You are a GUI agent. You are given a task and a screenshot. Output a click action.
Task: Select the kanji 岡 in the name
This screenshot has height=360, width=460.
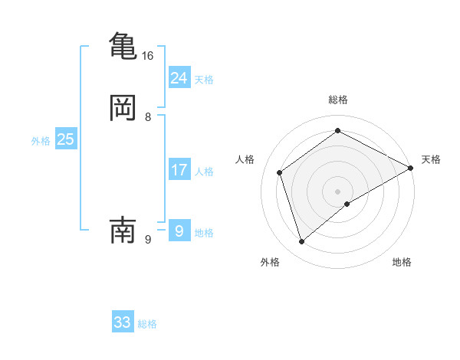pyautogui.click(x=123, y=108)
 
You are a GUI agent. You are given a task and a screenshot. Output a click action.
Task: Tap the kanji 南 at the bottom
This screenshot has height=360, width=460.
pyautogui.click(x=123, y=229)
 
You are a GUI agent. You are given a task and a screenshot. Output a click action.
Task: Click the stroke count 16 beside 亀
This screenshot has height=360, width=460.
pyautogui.click(x=148, y=56)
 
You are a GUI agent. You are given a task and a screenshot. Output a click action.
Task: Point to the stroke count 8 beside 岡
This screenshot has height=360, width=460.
pyautogui.click(x=148, y=117)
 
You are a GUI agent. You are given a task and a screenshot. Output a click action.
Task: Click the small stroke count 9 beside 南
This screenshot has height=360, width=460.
pyautogui.click(x=148, y=239)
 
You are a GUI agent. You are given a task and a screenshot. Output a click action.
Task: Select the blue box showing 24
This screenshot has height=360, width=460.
pyautogui.click(x=179, y=77)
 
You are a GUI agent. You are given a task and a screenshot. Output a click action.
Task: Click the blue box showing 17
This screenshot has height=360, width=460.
pyautogui.click(x=179, y=170)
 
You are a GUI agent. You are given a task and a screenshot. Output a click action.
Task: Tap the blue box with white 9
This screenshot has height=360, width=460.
pyautogui.click(x=179, y=231)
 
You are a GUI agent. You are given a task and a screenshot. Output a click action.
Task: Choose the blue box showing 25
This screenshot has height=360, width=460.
pyautogui.click(x=65, y=139)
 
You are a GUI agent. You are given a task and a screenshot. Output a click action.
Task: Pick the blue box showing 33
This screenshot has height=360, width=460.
pyautogui.click(x=123, y=322)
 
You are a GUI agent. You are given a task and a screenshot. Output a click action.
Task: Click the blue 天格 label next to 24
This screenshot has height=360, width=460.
pyautogui.click(x=204, y=80)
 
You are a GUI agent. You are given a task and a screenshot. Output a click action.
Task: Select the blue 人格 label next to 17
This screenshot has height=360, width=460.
pyautogui.click(x=204, y=172)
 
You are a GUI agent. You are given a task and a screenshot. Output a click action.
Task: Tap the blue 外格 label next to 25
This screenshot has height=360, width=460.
pyautogui.click(x=41, y=141)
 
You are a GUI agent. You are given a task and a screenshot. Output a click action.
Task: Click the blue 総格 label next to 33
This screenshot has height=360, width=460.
pyautogui.click(x=147, y=324)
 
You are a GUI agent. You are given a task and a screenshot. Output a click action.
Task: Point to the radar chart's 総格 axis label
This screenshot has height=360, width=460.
pyautogui.click(x=338, y=100)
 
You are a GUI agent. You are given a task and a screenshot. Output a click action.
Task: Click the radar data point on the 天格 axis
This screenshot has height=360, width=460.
pyautogui.click(x=411, y=168)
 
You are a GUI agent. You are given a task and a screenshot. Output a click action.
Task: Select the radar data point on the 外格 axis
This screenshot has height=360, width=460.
pyautogui.click(x=301, y=242)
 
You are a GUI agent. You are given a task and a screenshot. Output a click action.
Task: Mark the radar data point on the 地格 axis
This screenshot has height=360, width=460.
pyautogui.click(x=347, y=204)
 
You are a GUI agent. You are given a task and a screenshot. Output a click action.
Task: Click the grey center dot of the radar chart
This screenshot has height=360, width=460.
pyautogui.click(x=338, y=191)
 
